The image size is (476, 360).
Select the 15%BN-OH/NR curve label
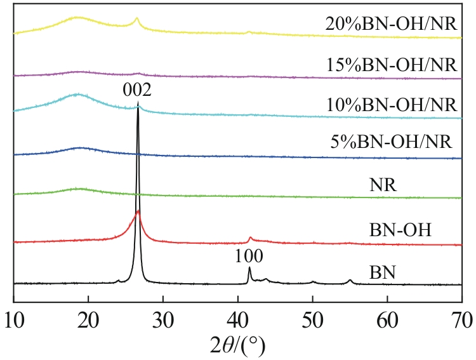(x=391, y=64)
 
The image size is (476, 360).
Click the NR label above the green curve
(x=383, y=187)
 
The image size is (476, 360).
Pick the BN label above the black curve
(x=383, y=274)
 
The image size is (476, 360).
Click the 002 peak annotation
(x=138, y=92)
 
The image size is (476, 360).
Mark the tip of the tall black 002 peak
(x=138, y=107)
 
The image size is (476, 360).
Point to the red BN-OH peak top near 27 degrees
(x=138, y=211)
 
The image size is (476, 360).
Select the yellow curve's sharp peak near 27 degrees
(x=137, y=18)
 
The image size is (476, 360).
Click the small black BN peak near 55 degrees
(x=350, y=280)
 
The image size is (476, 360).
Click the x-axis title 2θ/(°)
(x=237, y=345)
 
